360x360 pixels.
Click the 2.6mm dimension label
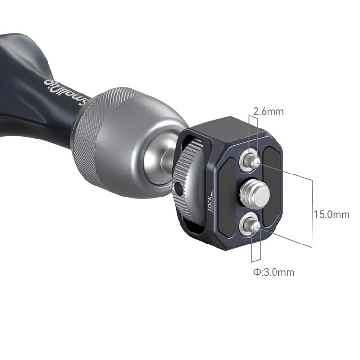(x=268, y=112)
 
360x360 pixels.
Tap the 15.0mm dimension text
(x=332, y=214)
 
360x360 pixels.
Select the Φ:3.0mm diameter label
(x=274, y=272)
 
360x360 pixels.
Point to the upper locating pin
(x=252, y=161)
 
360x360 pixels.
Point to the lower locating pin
(x=252, y=226)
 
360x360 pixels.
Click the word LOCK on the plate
(x=209, y=203)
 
